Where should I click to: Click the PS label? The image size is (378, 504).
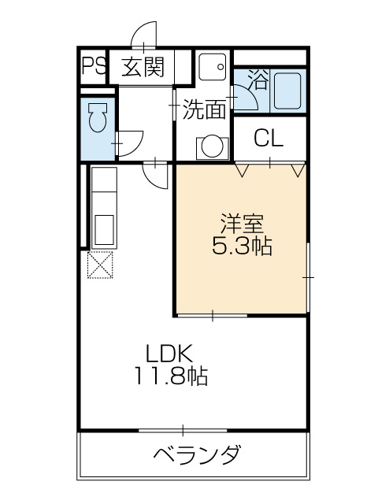(94, 66)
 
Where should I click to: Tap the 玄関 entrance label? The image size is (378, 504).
(143, 67)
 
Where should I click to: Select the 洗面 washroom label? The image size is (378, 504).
(204, 109)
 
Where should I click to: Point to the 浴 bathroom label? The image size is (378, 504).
(258, 80)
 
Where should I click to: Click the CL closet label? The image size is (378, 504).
(269, 139)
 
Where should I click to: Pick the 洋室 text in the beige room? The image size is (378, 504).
(242, 223)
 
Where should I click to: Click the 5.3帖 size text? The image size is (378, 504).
(242, 246)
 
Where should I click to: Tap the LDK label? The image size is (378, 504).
(169, 354)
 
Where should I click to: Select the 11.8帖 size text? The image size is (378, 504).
(171, 376)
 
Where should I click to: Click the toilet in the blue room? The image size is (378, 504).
(98, 117)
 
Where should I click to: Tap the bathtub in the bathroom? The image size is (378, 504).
(287, 91)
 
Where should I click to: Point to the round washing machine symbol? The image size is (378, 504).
(212, 147)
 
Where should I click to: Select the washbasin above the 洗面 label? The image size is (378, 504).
(213, 67)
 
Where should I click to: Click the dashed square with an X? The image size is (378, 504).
(100, 265)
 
